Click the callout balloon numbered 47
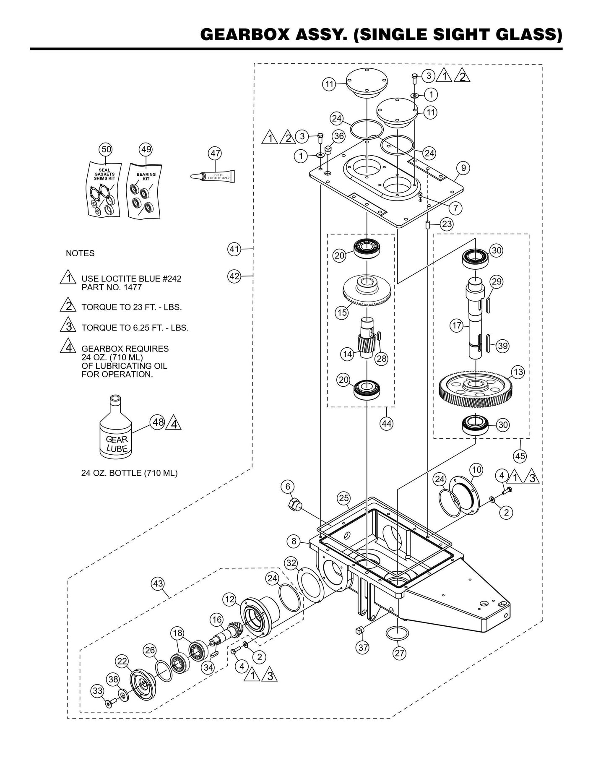point(215,154)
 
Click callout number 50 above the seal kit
point(105,149)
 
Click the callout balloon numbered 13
point(518,372)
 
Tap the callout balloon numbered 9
point(463,168)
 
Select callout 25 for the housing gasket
point(343,498)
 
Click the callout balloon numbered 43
point(158,583)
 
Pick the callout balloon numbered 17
point(457,325)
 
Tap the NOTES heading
point(80,253)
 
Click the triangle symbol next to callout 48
point(174,424)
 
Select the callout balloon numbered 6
point(288,487)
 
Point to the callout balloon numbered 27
point(400,653)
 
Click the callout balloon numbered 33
point(98,690)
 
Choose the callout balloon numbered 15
point(342,312)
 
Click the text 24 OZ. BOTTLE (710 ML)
point(129,473)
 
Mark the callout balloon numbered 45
point(520,456)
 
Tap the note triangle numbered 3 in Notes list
point(68,327)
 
